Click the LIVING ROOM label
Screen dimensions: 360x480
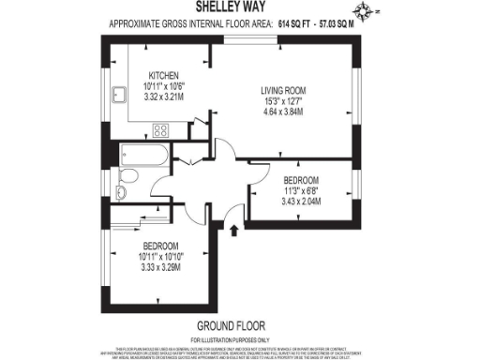click(283, 91)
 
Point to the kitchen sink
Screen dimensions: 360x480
click(119, 94)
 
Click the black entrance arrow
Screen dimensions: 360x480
click(233, 230)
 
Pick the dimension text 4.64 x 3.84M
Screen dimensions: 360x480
click(283, 110)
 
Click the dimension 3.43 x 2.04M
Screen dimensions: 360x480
click(300, 199)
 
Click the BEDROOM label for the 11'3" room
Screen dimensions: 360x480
click(300, 180)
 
